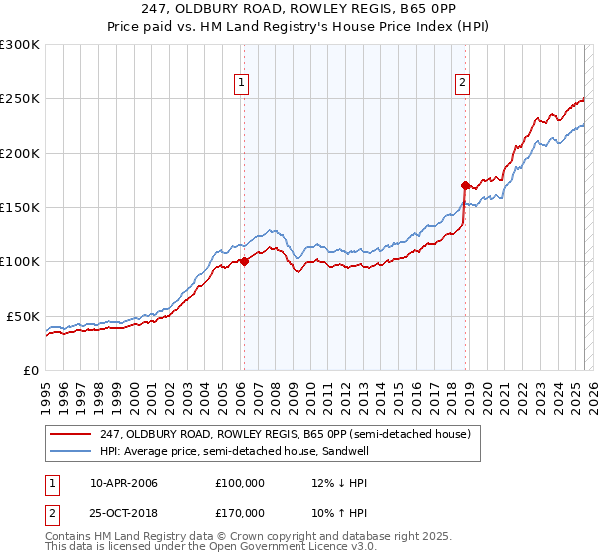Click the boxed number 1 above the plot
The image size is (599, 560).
(x=243, y=84)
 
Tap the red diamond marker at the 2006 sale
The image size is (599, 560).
(x=243, y=262)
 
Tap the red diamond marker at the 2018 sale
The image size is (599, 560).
(x=465, y=185)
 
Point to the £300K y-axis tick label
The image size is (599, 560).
(x=20, y=45)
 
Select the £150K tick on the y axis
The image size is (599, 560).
(x=20, y=207)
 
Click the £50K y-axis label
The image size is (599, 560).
(x=24, y=316)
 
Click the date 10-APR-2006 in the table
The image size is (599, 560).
(x=124, y=483)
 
